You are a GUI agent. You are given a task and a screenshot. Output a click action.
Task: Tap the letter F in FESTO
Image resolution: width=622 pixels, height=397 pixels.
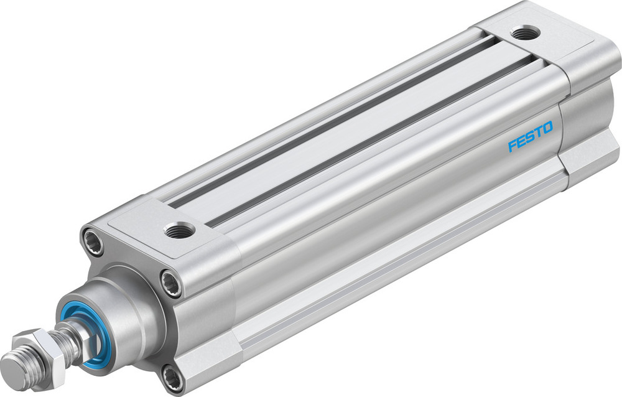(512, 146)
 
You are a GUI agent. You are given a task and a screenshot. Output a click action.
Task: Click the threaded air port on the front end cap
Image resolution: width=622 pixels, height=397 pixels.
(179, 231)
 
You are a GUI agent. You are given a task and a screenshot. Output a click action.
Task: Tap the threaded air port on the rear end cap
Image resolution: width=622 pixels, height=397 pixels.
(526, 32)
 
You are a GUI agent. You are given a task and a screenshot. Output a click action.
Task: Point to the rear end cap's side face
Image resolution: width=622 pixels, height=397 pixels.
(588, 124)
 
